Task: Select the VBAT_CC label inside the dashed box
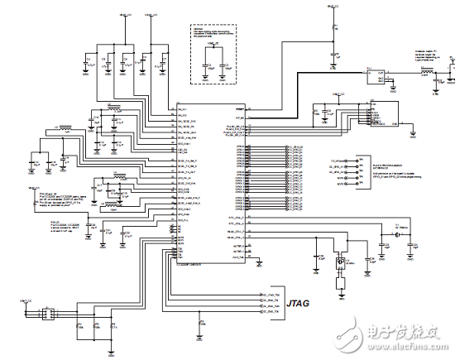[x=212, y=43]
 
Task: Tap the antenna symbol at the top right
[x=448, y=61]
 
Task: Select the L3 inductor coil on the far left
[x=62, y=129]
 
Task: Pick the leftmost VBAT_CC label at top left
[x=123, y=15]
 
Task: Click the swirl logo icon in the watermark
[x=354, y=336]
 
